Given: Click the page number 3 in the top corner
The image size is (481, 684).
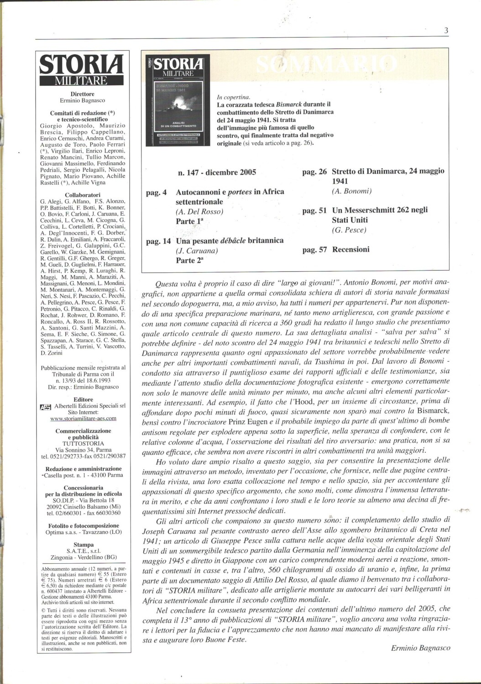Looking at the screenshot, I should pos(446,31).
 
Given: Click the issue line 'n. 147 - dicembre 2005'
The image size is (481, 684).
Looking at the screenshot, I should pos(217,172).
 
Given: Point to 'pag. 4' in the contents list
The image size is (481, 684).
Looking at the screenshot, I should pos(156,192).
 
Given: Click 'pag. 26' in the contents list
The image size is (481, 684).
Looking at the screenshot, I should pos(314,172).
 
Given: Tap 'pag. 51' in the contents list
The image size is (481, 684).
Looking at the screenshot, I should pos(314,210).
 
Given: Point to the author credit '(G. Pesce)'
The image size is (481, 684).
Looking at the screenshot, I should pos(349,230).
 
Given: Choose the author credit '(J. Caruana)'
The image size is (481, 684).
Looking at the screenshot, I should pos(197,251).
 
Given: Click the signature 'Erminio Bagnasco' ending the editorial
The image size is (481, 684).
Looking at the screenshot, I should pos(420,648).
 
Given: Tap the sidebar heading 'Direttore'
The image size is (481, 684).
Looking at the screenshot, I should pos(83,94).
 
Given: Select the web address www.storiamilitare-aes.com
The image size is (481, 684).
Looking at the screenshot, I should pos(83,418).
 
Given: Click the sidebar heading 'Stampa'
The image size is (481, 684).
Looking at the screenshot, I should pos(83,544).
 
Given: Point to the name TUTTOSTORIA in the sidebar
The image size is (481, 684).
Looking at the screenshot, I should pos(83,443).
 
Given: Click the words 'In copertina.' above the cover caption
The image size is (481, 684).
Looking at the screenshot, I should pos(233,97).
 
